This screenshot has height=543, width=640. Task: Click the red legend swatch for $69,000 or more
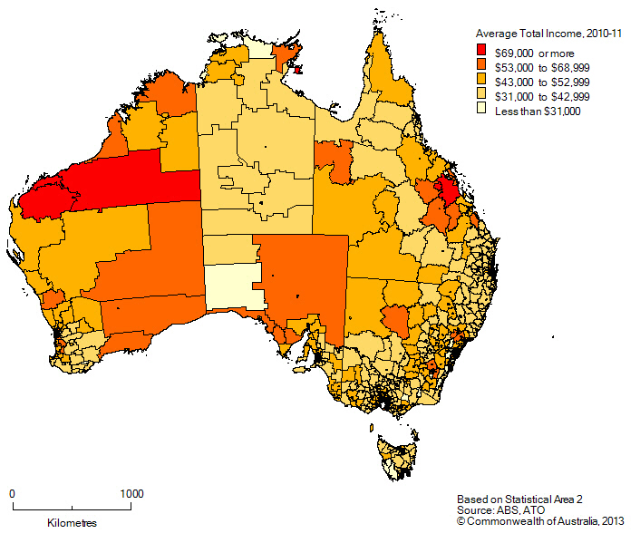point(482,49)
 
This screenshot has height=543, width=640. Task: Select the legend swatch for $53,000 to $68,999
point(482,64)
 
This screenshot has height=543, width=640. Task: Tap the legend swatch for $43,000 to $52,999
point(482,80)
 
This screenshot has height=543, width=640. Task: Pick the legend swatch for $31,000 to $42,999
point(482,95)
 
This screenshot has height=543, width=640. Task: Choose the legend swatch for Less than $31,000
point(482,111)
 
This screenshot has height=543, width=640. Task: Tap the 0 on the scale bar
point(13,494)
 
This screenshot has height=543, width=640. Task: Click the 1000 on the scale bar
point(131,494)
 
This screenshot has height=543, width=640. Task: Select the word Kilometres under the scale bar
point(73,523)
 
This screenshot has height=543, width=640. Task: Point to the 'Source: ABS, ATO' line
point(497,510)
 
